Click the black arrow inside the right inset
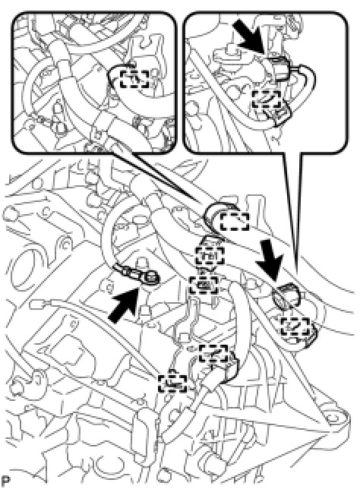pyautogui.click(x=250, y=36)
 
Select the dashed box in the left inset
pyautogui.click(x=134, y=78)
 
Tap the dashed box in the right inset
pyautogui.click(x=267, y=99)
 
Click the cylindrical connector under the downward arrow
pyautogui.click(x=286, y=295)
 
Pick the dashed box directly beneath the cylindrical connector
pyautogui.click(x=295, y=327)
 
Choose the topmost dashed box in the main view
pyautogui.click(x=235, y=222)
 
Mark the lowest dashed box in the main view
pyautogui.click(x=172, y=383)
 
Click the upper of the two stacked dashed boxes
pyautogui.click(x=210, y=255)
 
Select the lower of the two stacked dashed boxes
pyautogui.click(x=204, y=285)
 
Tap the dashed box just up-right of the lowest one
pyautogui.click(x=213, y=354)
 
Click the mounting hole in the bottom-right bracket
pyautogui.click(x=333, y=418)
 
